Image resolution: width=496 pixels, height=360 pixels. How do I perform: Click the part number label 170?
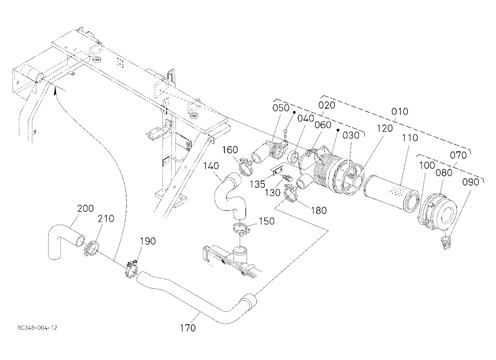click(x=188, y=328)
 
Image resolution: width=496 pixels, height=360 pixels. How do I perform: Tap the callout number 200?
click(x=85, y=208)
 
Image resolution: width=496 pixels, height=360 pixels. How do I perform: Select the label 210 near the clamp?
click(x=106, y=219)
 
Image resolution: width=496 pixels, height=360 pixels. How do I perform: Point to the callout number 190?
click(x=148, y=241)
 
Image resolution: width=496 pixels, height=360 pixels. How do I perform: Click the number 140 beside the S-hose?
click(x=211, y=166)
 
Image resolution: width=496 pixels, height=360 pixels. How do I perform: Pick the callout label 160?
click(x=230, y=150)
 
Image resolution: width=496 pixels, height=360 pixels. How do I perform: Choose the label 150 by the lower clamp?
click(x=267, y=221)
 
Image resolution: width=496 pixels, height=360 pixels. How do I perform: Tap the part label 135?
click(x=257, y=184)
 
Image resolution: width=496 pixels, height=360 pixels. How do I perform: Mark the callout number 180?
click(x=318, y=210)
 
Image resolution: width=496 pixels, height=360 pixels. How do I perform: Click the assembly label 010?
click(x=399, y=112)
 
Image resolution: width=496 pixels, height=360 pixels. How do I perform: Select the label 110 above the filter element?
click(x=410, y=138)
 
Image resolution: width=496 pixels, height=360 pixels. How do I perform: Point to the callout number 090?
click(x=471, y=182)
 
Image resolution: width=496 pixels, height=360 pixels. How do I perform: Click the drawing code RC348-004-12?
click(x=37, y=328)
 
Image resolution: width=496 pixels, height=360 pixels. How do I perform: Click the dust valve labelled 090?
click(x=446, y=242)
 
